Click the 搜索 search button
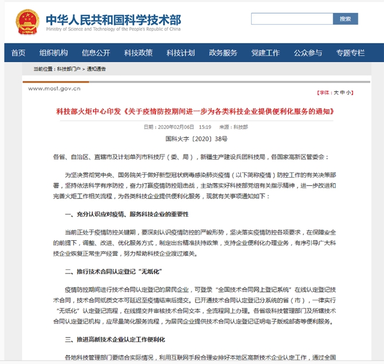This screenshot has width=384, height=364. pyautogui.click(x=345, y=19)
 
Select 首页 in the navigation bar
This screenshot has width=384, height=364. pyautogui.click(x=18, y=53)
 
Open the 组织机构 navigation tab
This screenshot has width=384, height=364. pyautogui.click(x=53, y=53)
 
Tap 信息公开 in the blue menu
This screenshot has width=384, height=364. pyautogui.click(x=96, y=53)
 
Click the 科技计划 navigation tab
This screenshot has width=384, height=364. pyautogui.click(x=181, y=53)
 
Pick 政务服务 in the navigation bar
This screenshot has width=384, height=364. pyautogui.click(x=223, y=53)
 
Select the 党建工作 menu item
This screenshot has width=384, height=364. pyautogui.click(x=265, y=53)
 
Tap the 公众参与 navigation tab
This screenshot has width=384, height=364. pyautogui.click(x=308, y=53)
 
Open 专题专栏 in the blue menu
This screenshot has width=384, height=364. pyautogui.click(x=350, y=53)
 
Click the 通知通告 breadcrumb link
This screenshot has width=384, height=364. pyautogui.click(x=96, y=69)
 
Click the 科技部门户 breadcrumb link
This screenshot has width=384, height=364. pyautogui.click(x=69, y=69)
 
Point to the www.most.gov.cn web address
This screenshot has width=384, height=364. pyautogui.click(x=54, y=89)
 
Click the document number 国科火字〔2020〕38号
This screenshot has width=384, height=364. pyautogui.click(x=196, y=139)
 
